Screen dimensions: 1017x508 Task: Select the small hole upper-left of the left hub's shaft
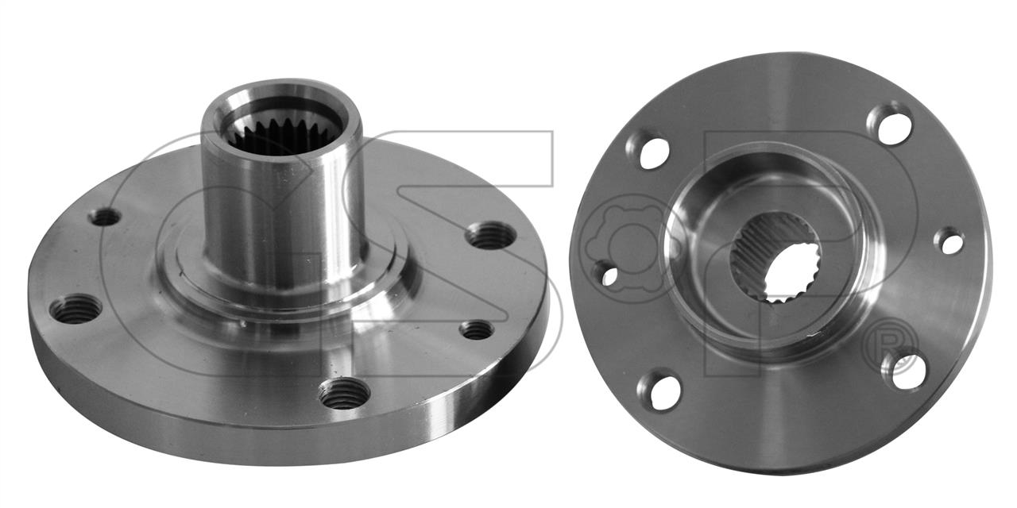pyautogui.click(x=105, y=217)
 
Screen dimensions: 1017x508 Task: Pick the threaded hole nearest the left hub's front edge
pyautogui.click(x=344, y=394)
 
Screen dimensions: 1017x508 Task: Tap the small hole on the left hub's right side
pyautogui.click(x=477, y=329)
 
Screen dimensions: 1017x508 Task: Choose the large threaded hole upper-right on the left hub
pyautogui.click(x=492, y=236)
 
